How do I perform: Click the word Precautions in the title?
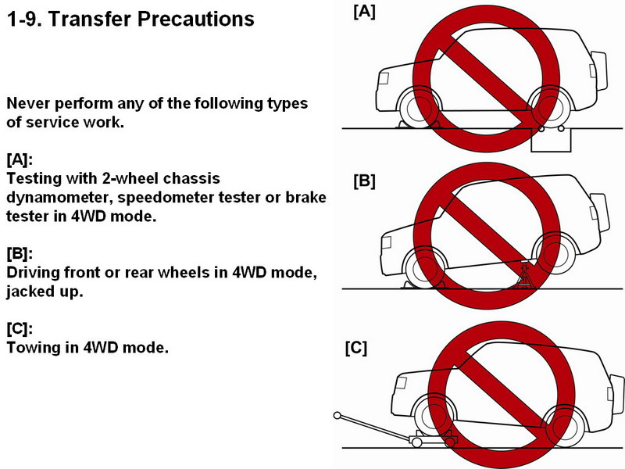pyautogui.click(x=204, y=19)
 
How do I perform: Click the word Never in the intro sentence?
pyautogui.click(x=28, y=104)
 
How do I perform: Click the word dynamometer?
pyautogui.click(x=59, y=197)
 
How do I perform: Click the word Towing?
pyautogui.click(x=34, y=347)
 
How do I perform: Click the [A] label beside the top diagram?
pyautogui.click(x=365, y=12)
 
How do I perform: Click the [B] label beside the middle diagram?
pyautogui.click(x=365, y=181)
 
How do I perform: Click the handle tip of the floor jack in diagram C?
pyautogui.click(x=337, y=416)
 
